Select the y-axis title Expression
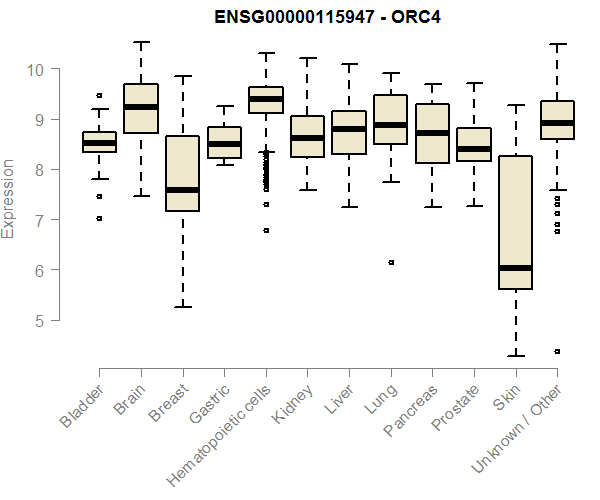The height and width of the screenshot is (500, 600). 9,197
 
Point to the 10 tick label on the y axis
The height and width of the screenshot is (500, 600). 36,69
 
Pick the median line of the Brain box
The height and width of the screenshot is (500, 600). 140,106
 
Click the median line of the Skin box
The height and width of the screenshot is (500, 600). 515,268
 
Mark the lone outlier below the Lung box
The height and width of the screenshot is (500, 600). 391,262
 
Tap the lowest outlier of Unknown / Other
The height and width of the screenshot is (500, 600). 557,351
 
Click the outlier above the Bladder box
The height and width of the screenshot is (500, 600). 99,96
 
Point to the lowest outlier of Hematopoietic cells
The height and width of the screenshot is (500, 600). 265,230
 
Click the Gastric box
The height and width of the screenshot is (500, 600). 224,142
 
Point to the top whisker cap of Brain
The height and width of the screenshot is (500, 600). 140,43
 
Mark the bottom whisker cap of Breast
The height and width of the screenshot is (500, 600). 182,306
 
